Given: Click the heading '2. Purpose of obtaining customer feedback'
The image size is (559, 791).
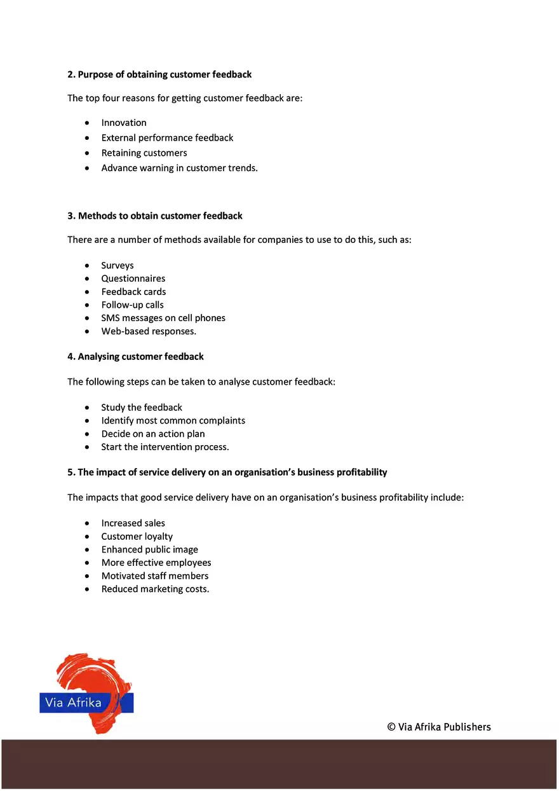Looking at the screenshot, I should pos(159,74).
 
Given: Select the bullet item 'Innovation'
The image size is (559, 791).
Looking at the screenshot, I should pos(124,123).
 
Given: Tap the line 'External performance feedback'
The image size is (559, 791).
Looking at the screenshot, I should pos(167,138).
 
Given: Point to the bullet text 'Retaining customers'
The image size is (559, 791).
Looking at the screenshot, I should pos(144,153).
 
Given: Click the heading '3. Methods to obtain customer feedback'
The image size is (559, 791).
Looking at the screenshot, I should pos(155,216).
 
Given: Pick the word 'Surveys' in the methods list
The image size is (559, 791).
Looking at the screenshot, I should pos(118,266).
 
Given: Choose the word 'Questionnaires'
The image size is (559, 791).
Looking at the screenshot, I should pos(133,279).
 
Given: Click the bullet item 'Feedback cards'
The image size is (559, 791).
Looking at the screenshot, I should pos(133,292).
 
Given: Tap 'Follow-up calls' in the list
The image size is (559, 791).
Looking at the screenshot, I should pos(132,305).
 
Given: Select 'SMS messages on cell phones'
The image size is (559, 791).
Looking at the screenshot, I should pos(163,318).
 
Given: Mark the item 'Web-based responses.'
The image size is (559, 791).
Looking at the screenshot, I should pos(149,331).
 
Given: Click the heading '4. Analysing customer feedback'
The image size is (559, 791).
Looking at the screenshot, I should pos(135,357).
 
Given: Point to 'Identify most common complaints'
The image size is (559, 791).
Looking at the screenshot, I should pos(173,421).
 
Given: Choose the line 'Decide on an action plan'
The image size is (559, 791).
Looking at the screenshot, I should pos(153,434).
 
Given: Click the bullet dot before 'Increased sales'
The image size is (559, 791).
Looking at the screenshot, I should pos(86,523).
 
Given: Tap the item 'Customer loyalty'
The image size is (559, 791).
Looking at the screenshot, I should pos(137,537).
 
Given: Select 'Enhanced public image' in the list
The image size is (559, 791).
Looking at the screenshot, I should pos(149,549).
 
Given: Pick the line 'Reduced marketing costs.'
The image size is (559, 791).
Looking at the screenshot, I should pos(155,589).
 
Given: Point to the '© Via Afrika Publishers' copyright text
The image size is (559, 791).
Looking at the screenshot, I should pos(439,727).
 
